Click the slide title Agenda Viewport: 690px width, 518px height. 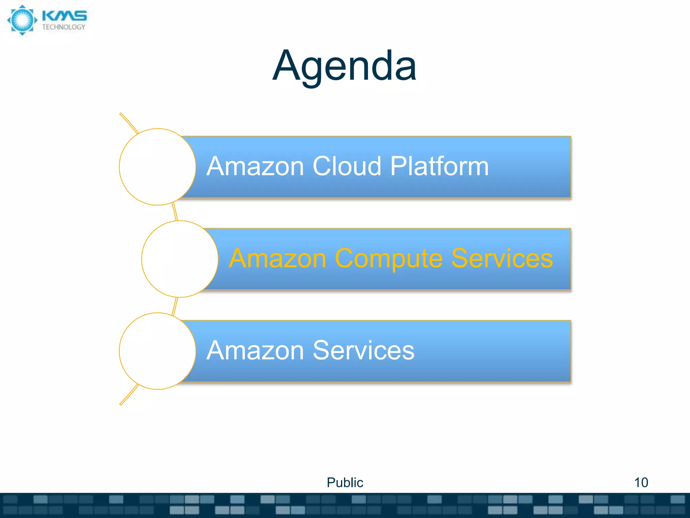click(344, 66)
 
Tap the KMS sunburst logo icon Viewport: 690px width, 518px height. click(22, 20)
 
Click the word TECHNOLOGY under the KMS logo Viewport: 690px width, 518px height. click(64, 27)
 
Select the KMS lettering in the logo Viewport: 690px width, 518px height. click(64, 15)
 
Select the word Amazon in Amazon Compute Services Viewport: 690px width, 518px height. click(278, 258)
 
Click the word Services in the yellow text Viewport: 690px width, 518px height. click(502, 258)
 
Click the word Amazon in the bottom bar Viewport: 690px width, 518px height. click(255, 350)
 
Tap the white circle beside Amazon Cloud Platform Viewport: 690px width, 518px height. click(157, 167)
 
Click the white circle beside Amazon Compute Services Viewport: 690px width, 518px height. click(180, 259)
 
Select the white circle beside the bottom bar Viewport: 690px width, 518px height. click(157, 351)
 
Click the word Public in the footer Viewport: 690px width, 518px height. click(345, 482)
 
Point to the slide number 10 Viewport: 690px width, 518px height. click(641, 482)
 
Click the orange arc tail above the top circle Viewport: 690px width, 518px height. click(129, 123)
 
